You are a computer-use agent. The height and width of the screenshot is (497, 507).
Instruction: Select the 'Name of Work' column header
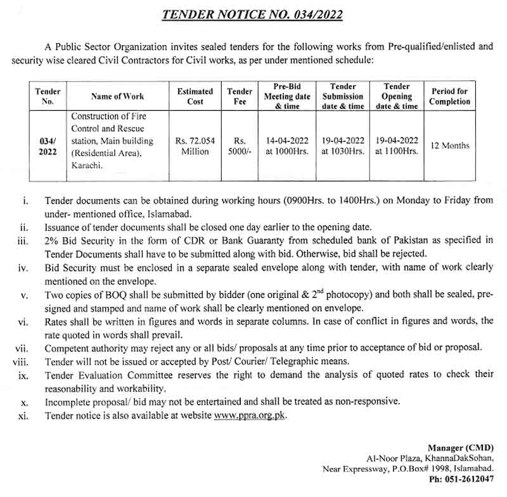[117, 96]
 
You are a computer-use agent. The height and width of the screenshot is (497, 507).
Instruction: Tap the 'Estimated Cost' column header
[195, 96]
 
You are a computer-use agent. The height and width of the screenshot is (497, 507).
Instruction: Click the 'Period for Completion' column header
[450, 96]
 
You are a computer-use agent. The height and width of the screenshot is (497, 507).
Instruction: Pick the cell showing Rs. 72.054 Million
[195, 146]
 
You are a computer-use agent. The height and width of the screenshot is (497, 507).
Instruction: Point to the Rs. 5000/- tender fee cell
[240, 146]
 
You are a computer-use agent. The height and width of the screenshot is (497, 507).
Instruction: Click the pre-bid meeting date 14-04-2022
[287, 140]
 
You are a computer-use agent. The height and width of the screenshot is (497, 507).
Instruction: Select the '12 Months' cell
[450, 146]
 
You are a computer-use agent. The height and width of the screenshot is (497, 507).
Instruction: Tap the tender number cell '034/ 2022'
[48, 146]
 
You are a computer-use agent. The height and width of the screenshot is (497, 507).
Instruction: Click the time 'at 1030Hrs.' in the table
[343, 152]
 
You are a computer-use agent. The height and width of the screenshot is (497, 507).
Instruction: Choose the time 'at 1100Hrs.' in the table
[397, 152]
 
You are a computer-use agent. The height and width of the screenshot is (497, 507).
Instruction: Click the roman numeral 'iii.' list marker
[23, 240]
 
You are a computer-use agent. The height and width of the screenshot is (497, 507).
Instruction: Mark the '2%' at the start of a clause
[52, 240]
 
